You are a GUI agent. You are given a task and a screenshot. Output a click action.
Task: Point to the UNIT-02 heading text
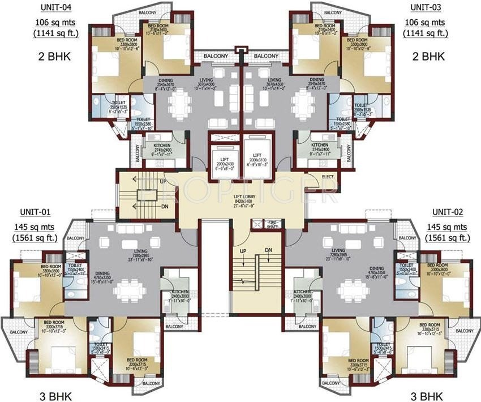click(x=448, y=212)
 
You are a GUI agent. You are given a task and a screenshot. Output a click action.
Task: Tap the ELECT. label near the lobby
click(x=328, y=176)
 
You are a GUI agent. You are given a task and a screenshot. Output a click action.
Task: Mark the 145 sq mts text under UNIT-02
click(x=448, y=226)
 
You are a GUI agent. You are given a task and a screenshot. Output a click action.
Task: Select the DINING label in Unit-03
click(x=317, y=80)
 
